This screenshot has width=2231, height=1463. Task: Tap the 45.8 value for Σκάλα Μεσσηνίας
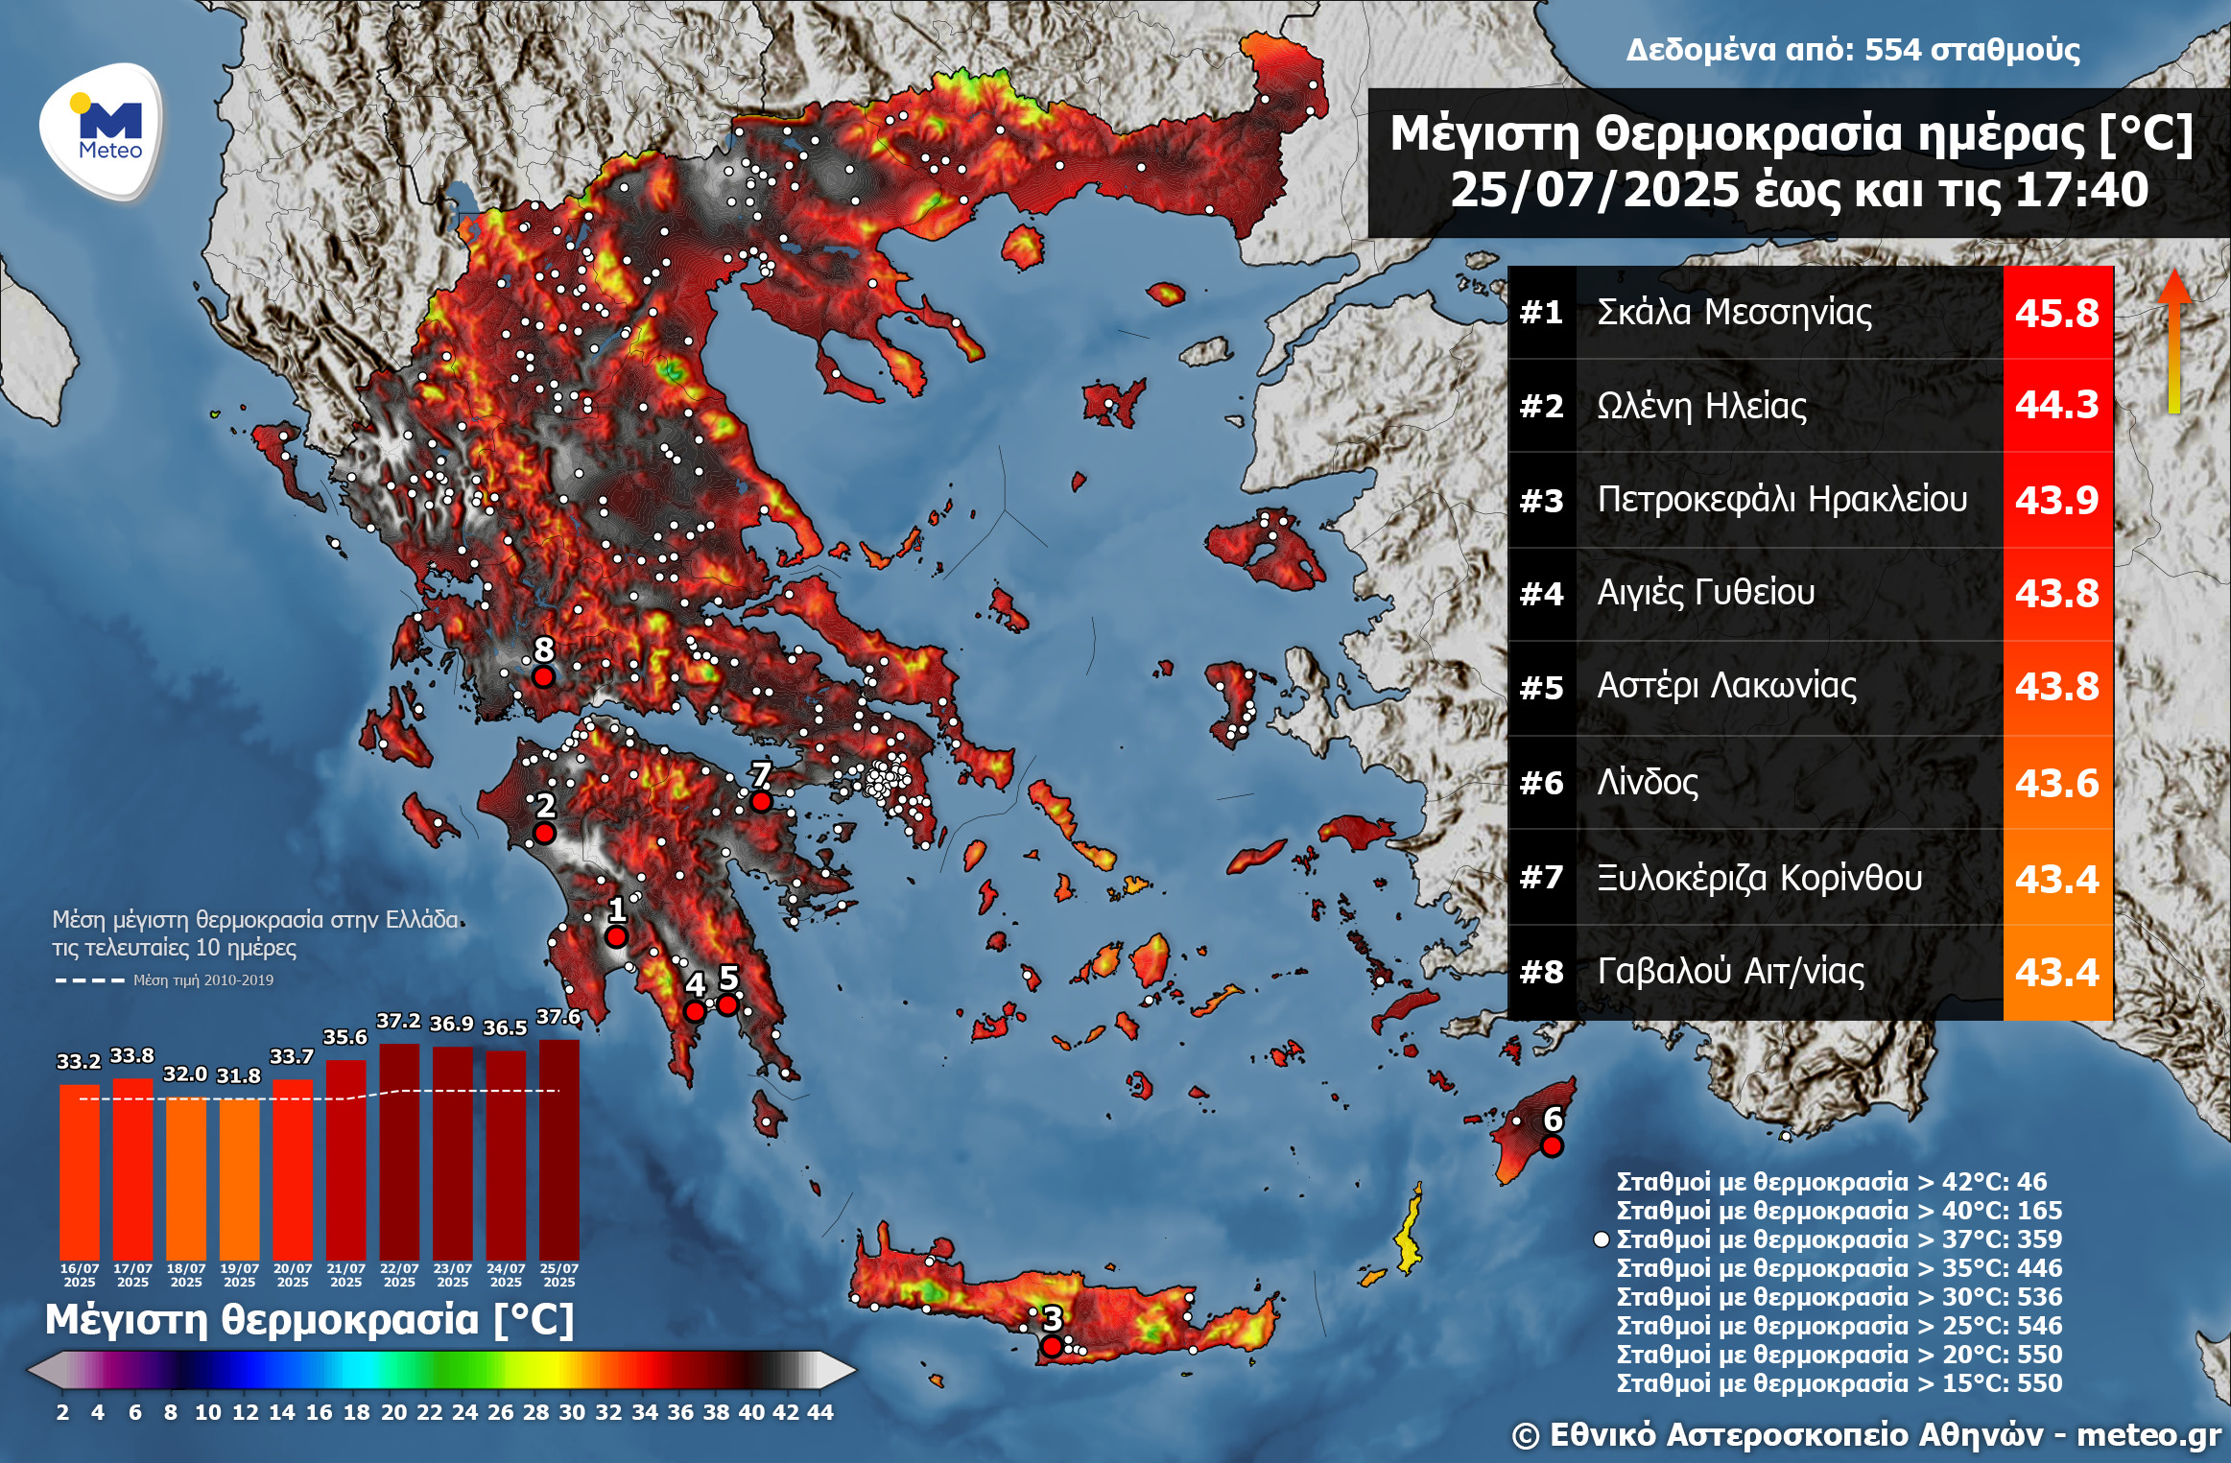click(x=2056, y=313)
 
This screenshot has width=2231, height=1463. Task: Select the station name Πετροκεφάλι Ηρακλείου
click(x=1781, y=499)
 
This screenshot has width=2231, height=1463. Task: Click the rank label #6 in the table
click(x=1541, y=783)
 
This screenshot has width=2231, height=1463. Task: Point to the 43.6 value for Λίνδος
click(x=2056, y=783)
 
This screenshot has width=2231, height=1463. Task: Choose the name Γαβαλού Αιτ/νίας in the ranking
click(x=1730, y=971)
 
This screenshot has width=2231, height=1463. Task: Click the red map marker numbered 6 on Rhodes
click(x=1552, y=1145)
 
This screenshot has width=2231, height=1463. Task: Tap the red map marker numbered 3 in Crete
click(x=1052, y=1346)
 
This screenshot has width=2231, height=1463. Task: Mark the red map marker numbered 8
click(x=543, y=676)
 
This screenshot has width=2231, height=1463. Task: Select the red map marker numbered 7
click(x=760, y=800)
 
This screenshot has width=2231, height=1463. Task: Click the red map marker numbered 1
click(x=616, y=936)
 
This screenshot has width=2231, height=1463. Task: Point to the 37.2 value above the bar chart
click(x=398, y=1021)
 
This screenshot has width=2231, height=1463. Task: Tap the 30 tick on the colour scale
click(x=572, y=1411)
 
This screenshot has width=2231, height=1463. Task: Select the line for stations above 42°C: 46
click(x=1831, y=1181)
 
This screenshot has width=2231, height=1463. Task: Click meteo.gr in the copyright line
click(x=2148, y=1434)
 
